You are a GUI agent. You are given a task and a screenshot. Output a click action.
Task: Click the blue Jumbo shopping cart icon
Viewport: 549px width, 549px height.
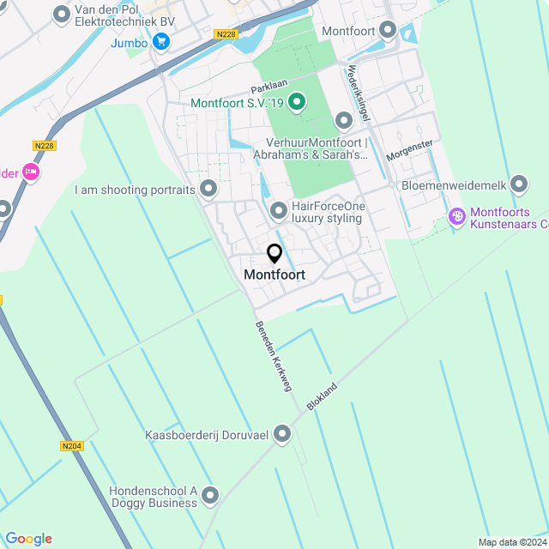160,41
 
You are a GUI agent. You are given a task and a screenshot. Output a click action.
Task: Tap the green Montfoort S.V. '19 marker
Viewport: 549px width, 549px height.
297,103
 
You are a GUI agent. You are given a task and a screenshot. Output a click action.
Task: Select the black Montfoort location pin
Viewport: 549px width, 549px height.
274,254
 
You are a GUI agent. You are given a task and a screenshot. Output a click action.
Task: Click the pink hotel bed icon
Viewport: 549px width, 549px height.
32,172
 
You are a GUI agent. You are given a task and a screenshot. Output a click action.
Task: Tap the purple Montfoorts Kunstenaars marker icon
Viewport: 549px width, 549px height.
456,218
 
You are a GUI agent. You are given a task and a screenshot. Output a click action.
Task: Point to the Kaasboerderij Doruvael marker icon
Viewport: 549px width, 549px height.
282,436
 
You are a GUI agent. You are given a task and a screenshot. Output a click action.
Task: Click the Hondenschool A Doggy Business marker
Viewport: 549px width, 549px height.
210,496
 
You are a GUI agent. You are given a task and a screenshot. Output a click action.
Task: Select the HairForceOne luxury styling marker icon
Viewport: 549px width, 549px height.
278,210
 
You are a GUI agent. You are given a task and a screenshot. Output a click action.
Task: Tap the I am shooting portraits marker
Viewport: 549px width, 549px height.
208,189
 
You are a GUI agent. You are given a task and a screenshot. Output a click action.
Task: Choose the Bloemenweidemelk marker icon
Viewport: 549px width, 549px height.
519,184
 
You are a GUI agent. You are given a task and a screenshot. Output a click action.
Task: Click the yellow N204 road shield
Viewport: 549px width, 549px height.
72,446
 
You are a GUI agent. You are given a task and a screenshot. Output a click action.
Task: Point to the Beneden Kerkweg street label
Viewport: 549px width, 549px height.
274,356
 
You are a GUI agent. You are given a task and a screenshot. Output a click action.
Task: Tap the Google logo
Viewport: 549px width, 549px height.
28,538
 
